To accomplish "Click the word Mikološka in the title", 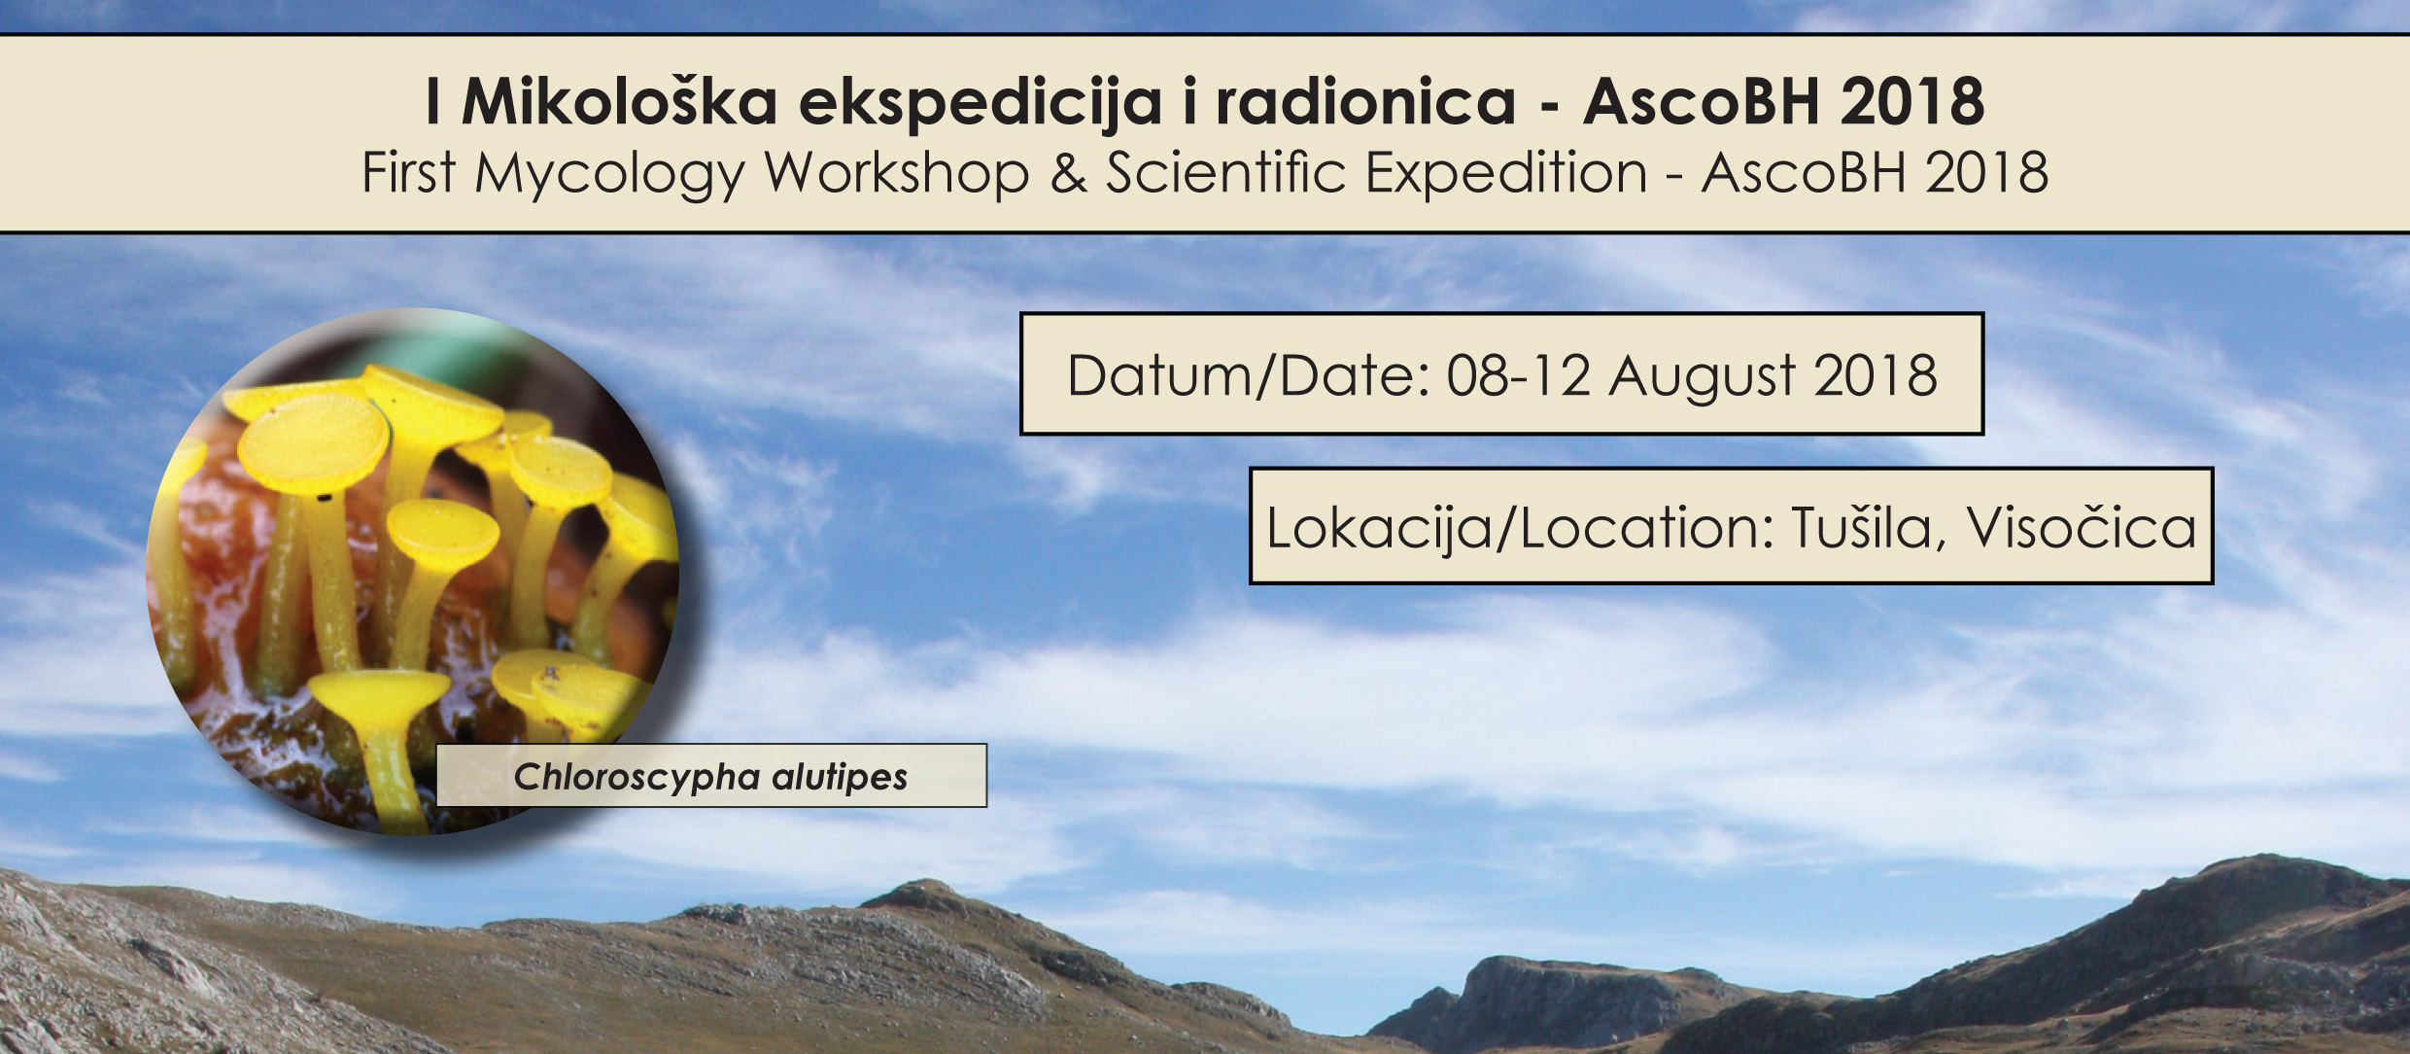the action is (x=620, y=100).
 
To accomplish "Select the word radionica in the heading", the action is (x=1365, y=100).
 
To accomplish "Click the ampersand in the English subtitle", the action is (x=1068, y=173).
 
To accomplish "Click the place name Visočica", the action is (x=2083, y=527).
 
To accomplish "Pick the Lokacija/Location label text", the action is (x=1521, y=527).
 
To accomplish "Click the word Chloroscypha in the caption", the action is (x=637, y=777).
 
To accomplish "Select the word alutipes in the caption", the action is (x=840, y=777).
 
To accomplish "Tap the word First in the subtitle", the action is (x=408, y=173).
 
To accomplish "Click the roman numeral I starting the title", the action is (x=433, y=100).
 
